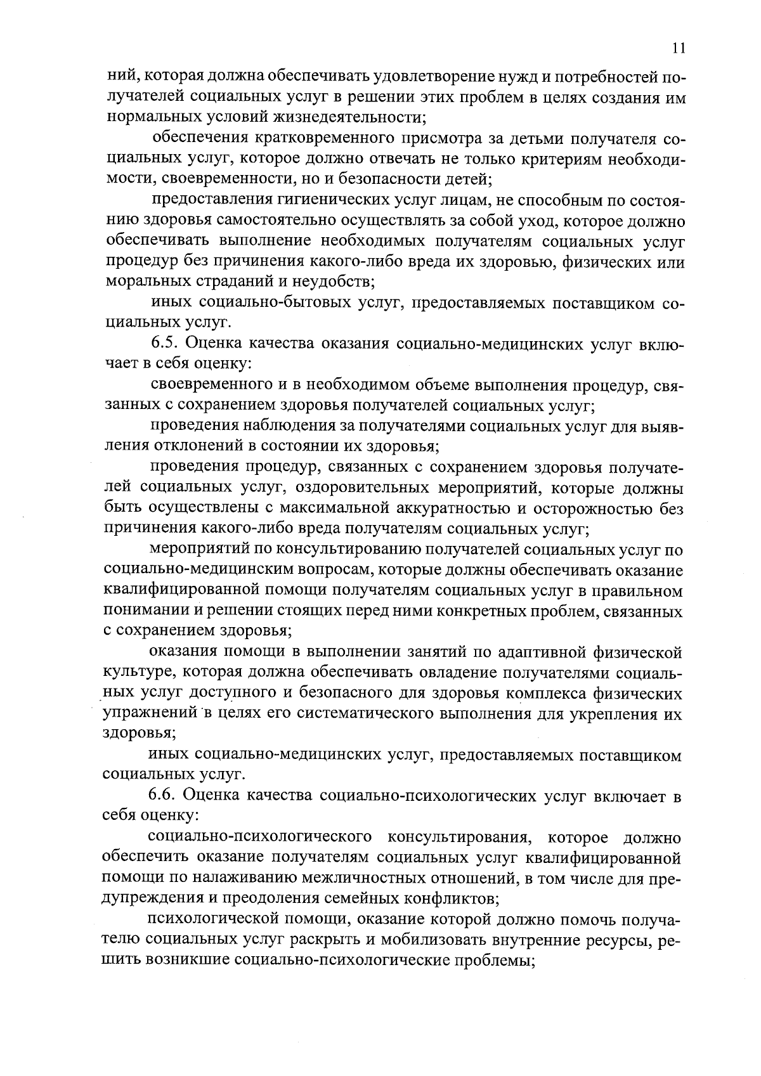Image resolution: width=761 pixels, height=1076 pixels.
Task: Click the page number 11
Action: click(678, 48)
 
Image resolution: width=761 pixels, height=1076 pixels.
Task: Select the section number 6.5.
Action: click(166, 344)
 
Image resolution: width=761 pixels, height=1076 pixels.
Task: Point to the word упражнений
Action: click(150, 713)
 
